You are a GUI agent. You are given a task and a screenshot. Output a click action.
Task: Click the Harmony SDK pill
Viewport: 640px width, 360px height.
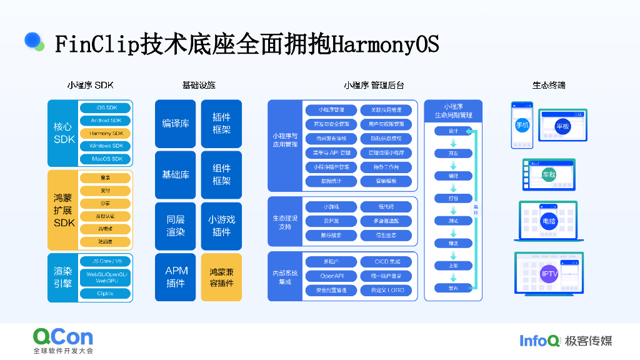coord(106,133)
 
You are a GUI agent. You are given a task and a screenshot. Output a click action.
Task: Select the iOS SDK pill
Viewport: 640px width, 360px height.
coord(106,107)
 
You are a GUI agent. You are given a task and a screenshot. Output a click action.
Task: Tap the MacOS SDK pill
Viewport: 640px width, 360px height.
coord(106,159)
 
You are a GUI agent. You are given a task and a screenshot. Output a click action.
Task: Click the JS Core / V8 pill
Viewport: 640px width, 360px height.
coord(106,261)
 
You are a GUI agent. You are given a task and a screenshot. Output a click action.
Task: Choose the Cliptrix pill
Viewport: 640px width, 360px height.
coord(106,293)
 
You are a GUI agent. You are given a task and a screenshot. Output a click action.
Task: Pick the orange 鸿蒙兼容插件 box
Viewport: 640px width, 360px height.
coord(221,277)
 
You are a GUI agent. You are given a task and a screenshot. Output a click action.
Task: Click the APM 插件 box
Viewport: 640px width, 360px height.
coord(176,277)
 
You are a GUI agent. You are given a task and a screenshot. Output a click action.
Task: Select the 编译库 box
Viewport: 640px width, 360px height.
coord(176,123)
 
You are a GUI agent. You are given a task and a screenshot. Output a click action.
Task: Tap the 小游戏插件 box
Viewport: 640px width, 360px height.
coord(221,226)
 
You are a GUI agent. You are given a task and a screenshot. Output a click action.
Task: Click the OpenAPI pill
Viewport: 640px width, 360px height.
coord(331,276)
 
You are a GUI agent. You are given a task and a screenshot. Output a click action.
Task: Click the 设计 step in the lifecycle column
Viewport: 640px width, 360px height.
coord(453,131)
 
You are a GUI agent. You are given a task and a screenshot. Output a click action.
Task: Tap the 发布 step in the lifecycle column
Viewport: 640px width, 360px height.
coord(453,288)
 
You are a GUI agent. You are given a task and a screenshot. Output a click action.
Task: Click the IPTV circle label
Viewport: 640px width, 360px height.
coord(548,273)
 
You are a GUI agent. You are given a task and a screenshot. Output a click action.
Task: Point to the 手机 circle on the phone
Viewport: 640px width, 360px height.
coord(522,126)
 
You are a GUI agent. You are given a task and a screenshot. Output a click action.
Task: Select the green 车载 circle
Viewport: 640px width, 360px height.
coord(549,174)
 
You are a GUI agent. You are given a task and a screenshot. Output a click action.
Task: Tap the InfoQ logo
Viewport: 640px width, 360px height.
coord(539,341)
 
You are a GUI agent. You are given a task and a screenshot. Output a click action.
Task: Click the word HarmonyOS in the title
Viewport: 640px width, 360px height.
coord(384,44)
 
